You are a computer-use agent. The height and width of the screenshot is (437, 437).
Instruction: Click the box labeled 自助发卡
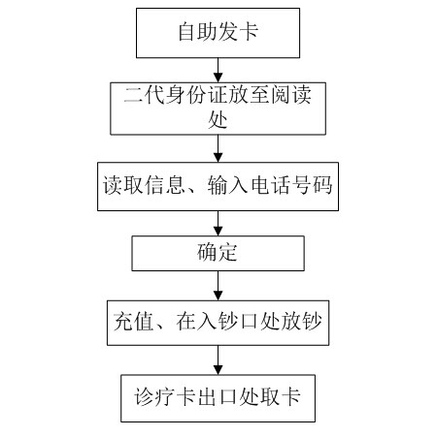[x=218, y=33]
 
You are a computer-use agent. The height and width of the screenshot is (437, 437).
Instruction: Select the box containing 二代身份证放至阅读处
[x=218, y=109]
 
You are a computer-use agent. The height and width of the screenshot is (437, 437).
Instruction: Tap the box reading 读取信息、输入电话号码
[x=218, y=187]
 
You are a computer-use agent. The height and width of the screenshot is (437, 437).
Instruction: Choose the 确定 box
[x=218, y=253]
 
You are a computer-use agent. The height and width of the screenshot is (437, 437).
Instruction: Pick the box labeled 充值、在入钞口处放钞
[x=218, y=323]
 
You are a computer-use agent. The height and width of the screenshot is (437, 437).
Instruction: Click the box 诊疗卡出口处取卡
[x=218, y=398]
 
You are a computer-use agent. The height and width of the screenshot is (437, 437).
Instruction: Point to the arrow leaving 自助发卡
[x=218, y=70]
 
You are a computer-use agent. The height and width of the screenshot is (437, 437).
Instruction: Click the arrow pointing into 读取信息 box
[x=218, y=148]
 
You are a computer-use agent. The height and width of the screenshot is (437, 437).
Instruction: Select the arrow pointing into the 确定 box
[x=218, y=223]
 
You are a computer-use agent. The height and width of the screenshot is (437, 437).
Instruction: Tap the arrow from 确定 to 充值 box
[x=218, y=286]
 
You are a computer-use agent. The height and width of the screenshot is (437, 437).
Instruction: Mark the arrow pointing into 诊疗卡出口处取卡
[x=218, y=360]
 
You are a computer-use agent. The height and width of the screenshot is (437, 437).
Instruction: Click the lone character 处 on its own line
[x=218, y=120]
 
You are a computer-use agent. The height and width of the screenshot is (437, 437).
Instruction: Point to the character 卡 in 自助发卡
[x=249, y=32]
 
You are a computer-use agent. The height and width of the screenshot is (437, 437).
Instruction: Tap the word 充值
[x=133, y=321]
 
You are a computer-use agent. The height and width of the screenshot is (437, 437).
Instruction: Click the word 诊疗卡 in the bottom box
[x=164, y=396]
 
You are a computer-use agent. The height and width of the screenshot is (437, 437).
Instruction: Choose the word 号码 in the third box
[x=312, y=185]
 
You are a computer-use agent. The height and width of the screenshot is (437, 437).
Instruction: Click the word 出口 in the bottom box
[x=217, y=396]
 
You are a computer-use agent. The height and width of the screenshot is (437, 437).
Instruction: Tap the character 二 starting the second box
[x=133, y=96]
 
